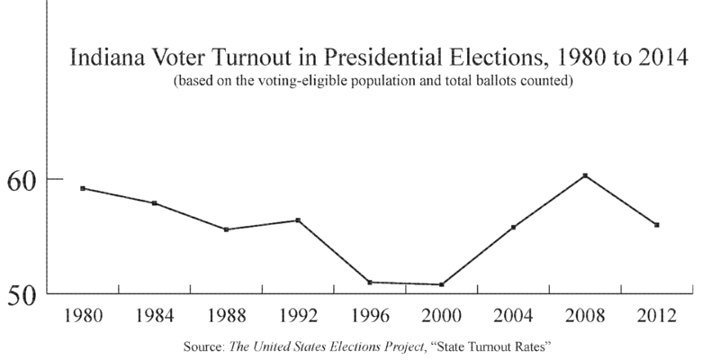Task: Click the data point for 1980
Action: [x=83, y=188]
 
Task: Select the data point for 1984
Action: [x=154, y=203]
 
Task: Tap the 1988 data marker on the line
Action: [x=226, y=229]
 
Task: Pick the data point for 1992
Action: [x=298, y=220]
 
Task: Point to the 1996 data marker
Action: [x=369, y=282]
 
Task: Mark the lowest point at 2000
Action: [x=441, y=284]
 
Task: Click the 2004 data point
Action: [x=513, y=227]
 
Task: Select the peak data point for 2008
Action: [x=585, y=175]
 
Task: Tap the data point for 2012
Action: [x=657, y=225]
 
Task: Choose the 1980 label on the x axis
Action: [x=83, y=317]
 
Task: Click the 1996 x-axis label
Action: [x=369, y=317]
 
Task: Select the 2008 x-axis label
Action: [x=585, y=317]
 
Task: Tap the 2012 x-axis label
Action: [x=657, y=317]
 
